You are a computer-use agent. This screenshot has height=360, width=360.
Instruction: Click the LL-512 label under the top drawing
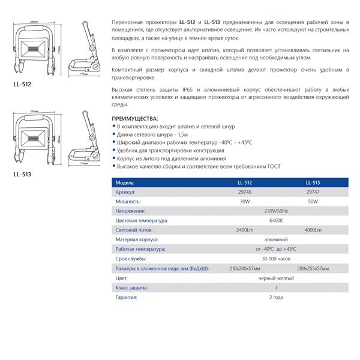(x=22, y=85)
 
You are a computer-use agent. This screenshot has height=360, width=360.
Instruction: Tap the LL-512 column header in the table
(x=244, y=182)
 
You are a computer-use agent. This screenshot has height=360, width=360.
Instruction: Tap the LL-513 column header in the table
(x=312, y=182)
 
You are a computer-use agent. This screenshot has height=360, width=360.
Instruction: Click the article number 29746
(x=244, y=192)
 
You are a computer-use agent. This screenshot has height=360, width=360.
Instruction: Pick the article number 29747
(x=312, y=192)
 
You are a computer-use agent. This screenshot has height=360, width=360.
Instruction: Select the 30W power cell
(x=244, y=202)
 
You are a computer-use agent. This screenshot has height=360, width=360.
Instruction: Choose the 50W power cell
(x=312, y=202)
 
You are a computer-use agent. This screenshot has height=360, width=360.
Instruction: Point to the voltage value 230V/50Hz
(x=276, y=211)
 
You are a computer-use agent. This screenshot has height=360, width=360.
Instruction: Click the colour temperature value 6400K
(x=276, y=221)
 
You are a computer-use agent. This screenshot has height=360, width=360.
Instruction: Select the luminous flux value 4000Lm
(x=312, y=230)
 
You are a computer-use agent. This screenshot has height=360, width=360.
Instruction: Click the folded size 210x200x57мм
(x=244, y=269)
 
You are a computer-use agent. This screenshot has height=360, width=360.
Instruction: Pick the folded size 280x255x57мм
(x=312, y=269)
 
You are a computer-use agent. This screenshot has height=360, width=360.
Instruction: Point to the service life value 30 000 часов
(x=276, y=259)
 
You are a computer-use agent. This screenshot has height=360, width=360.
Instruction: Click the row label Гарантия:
(x=127, y=298)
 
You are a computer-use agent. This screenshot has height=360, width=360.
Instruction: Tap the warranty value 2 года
(x=276, y=298)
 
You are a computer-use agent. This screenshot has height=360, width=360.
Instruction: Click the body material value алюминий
(x=276, y=239)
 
